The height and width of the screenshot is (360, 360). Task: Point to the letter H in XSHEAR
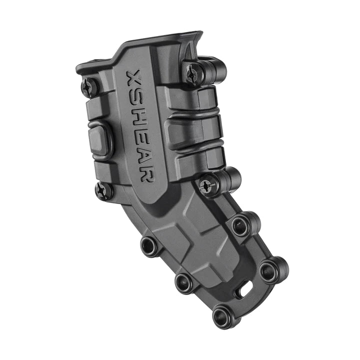(139, 118)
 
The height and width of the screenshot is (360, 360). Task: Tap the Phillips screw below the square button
(104, 190)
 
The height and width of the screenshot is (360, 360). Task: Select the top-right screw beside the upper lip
(194, 74)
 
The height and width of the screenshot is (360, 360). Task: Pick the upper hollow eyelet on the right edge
(241, 226)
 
